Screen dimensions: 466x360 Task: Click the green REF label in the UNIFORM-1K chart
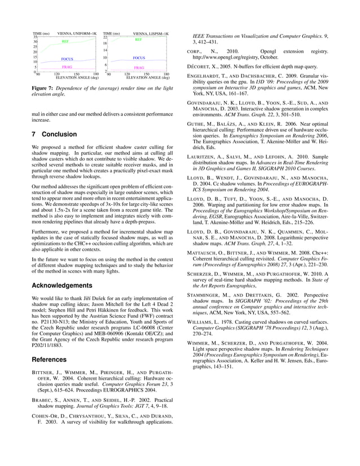coord(65,42)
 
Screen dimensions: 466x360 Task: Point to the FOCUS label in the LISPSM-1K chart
coord(139,58)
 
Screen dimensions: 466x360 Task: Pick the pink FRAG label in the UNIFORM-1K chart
coord(67,67)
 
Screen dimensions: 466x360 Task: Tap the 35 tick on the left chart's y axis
coord(35,37)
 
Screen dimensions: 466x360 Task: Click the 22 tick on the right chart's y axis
coord(105,37)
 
